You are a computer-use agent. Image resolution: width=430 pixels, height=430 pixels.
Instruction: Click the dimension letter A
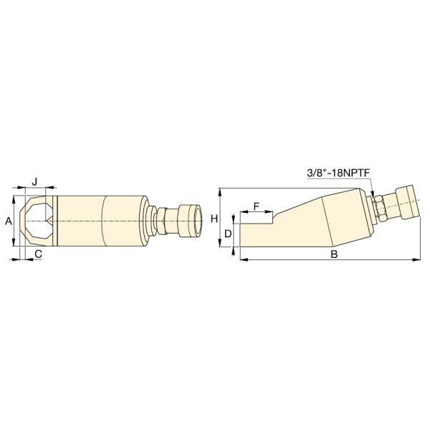(8, 222)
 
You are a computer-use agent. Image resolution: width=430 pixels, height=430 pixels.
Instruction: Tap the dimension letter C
(38, 254)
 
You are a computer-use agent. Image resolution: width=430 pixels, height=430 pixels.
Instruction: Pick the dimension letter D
(228, 234)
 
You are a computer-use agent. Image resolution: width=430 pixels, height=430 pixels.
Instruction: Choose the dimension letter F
(256, 206)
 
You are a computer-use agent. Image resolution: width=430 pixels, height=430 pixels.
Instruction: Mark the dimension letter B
(333, 254)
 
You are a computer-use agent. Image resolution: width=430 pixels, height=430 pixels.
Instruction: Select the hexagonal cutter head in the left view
(34, 221)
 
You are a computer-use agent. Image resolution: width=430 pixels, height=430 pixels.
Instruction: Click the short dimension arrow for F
(257, 214)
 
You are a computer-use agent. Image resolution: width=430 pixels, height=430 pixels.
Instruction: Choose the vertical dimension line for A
(15, 221)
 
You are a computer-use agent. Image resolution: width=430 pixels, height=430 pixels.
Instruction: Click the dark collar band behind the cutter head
(56, 221)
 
